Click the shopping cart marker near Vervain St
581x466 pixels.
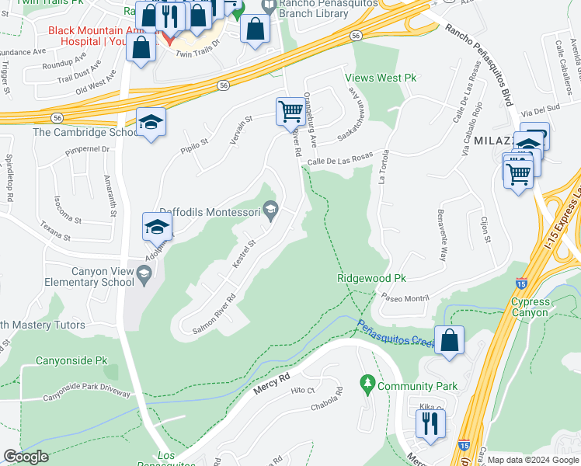[290, 111]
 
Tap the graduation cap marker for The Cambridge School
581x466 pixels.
[151, 122]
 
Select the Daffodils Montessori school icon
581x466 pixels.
[270, 210]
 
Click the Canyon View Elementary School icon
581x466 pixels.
[144, 273]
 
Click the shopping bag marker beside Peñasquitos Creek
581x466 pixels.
[450, 340]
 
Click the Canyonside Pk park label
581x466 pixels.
[72, 361]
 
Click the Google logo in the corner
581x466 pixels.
[26, 457]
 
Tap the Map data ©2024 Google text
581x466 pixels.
[533, 460]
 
